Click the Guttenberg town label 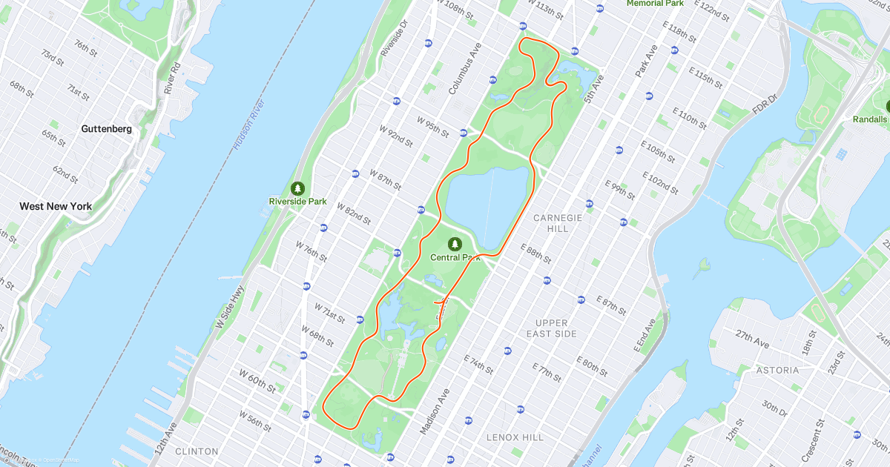(x=106, y=128)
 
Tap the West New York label (x=56, y=206)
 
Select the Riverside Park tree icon (x=297, y=188)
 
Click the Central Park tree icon (x=455, y=244)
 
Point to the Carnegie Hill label (x=558, y=223)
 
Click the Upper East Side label (x=551, y=328)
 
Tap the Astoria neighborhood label (x=777, y=370)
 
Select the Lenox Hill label (x=515, y=437)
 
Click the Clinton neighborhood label (x=197, y=451)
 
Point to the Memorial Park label (x=655, y=4)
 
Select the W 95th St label (x=432, y=127)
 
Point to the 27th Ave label (x=753, y=340)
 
